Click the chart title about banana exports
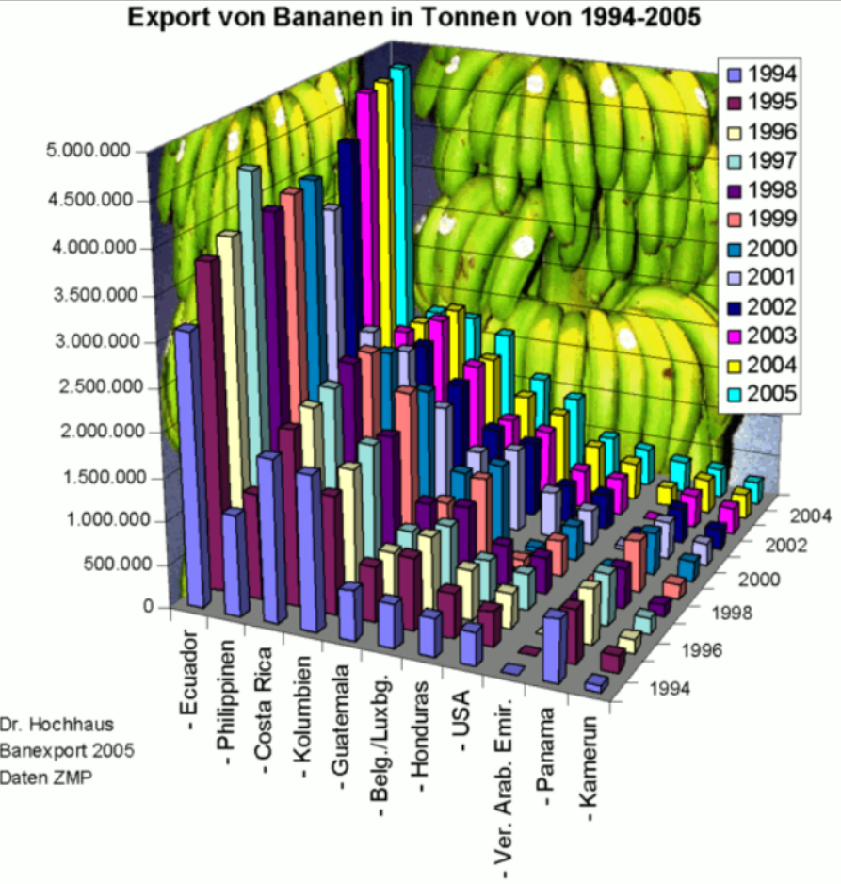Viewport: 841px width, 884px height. [x=414, y=17]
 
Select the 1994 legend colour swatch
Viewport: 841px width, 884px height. [x=735, y=74]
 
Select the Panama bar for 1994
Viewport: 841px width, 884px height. [x=554, y=647]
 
